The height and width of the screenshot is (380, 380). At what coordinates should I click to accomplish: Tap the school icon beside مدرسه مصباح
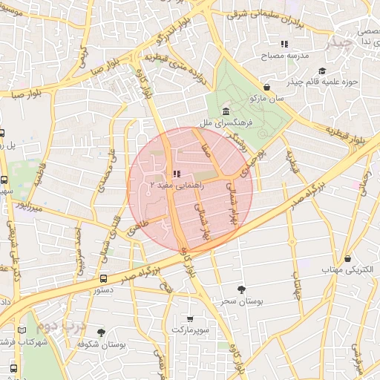point(284,44)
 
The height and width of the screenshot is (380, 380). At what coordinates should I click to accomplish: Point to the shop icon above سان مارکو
point(266,87)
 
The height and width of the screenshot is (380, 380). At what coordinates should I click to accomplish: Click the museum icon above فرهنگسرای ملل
point(224,111)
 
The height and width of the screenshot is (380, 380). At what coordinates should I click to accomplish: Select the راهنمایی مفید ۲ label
point(173,183)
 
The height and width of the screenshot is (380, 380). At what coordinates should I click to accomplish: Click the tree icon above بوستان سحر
point(240,289)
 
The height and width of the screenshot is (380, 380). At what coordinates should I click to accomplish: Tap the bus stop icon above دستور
point(102,278)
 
